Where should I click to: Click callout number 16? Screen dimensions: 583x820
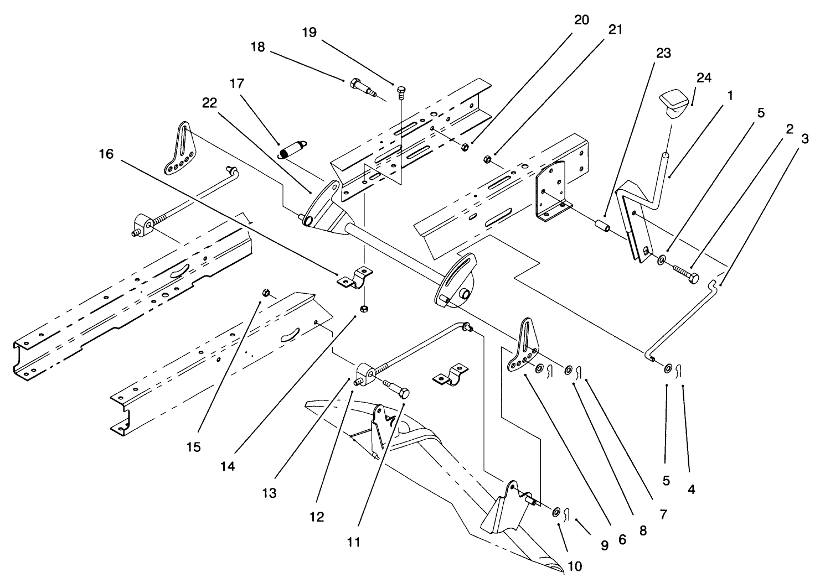[106, 154]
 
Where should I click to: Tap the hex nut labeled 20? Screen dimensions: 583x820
[465, 147]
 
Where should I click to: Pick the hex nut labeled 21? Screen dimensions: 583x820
[487, 159]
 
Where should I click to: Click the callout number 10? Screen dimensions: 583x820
[574, 566]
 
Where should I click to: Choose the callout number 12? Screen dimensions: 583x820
[317, 517]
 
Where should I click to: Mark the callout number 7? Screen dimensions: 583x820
[663, 514]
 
